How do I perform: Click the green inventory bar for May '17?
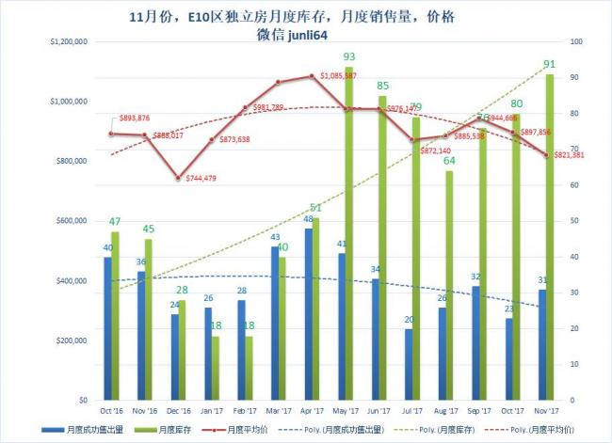pos(348,235)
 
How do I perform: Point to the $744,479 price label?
pos(205,178)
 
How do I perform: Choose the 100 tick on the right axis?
pos(576,41)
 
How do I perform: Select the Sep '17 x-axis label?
pos(478,411)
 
